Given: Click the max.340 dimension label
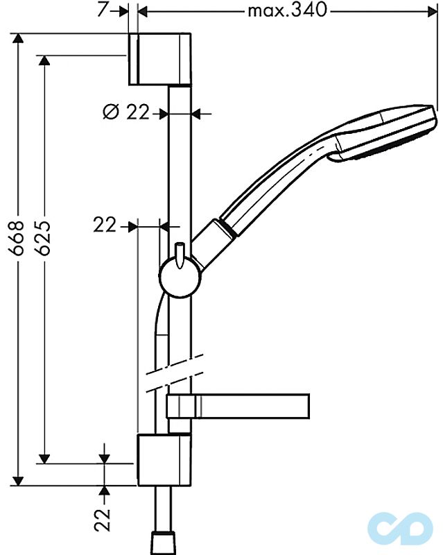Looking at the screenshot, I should pos(287,10).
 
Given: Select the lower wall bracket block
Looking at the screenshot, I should pos(163,460).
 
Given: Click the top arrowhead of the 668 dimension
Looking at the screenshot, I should pos(19,38).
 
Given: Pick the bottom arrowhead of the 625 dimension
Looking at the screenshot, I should pos(45,458).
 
